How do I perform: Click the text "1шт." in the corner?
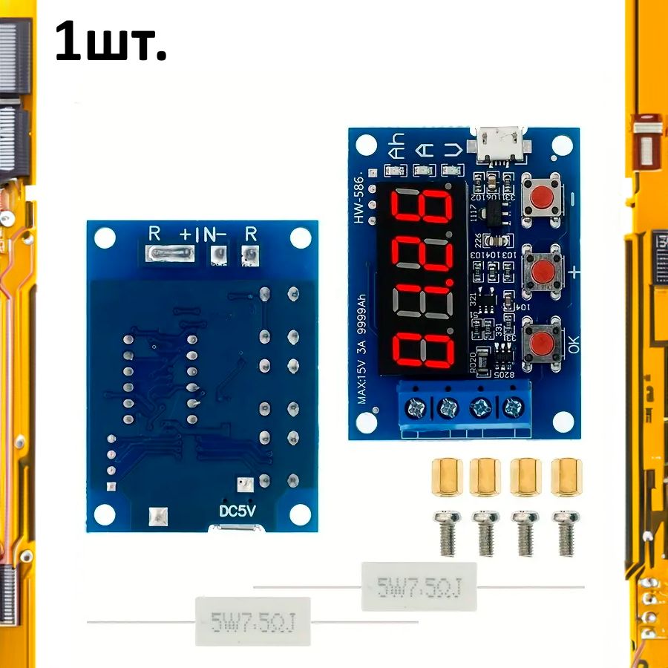click(111, 44)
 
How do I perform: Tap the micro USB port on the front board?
click(500, 144)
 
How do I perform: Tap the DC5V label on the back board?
click(238, 513)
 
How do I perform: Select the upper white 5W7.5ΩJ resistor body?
click(419, 586)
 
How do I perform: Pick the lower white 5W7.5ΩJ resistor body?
click(252, 620)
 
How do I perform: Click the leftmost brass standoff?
click(446, 476)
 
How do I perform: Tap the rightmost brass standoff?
click(566, 476)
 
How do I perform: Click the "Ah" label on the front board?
click(399, 145)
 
